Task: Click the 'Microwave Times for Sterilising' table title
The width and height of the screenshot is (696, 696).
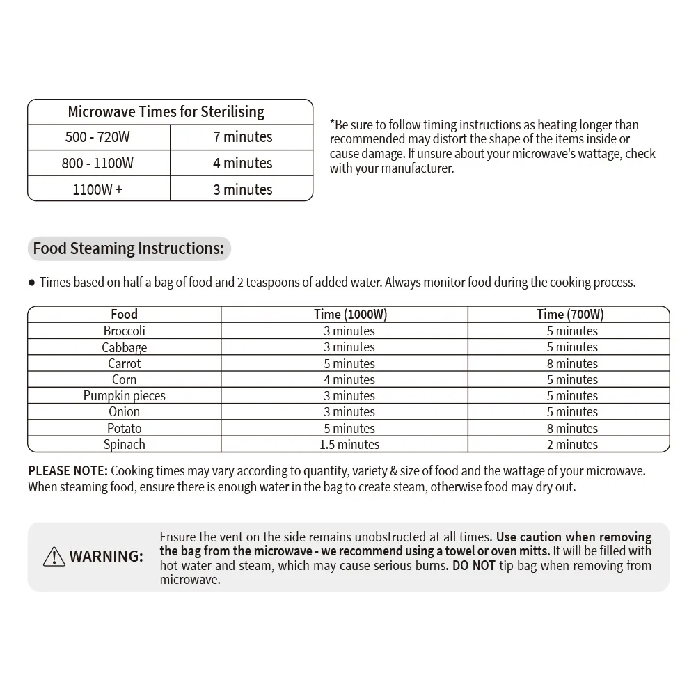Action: (166, 111)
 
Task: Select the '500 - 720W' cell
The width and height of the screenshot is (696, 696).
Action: (97, 137)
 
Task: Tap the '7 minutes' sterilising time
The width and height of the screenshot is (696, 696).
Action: (242, 137)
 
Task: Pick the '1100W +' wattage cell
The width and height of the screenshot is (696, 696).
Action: (97, 189)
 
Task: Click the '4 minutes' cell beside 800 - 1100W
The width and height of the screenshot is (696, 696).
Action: (242, 164)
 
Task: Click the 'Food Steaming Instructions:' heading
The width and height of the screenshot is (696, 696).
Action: (129, 248)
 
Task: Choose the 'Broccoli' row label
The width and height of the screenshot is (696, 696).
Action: (125, 331)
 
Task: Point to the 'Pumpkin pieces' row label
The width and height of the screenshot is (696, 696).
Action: (125, 396)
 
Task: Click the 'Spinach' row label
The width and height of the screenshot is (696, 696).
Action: (125, 445)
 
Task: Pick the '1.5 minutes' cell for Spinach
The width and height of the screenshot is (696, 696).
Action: (349, 445)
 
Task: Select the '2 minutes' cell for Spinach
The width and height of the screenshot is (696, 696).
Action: (572, 445)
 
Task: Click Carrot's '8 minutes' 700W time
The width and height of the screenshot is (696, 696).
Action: (572, 364)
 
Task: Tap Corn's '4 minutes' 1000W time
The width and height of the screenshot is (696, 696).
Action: (349, 380)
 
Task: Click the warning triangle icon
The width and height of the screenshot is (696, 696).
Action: (54, 556)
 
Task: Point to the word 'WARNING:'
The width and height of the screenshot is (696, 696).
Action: (106, 556)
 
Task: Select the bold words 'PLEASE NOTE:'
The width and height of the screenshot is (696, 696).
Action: (68, 471)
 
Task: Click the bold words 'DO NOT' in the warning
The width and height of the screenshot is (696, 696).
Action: (473, 565)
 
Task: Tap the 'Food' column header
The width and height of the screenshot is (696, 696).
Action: (125, 315)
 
